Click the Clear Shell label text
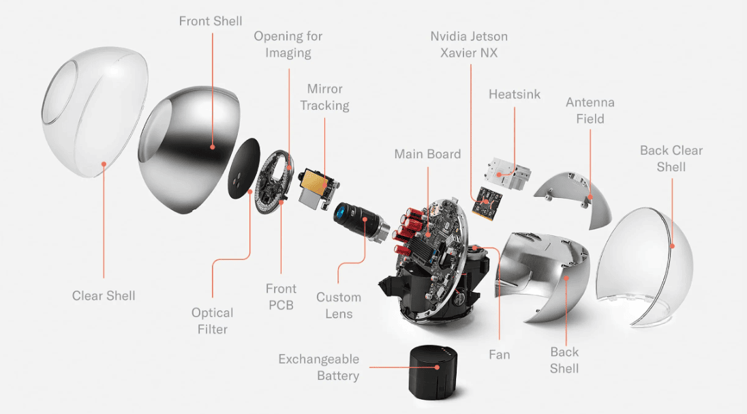tap(104, 295)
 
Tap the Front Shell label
tap(210, 21)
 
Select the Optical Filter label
tap(212, 321)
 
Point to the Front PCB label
tap(281, 297)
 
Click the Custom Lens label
tap(339, 306)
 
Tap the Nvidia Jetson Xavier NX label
tap(469, 44)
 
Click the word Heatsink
tap(514, 94)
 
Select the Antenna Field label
tap(590, 110)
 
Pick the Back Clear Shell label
tap(671, 158)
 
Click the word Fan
tap(499, 355)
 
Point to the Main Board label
tap(427, 154)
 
